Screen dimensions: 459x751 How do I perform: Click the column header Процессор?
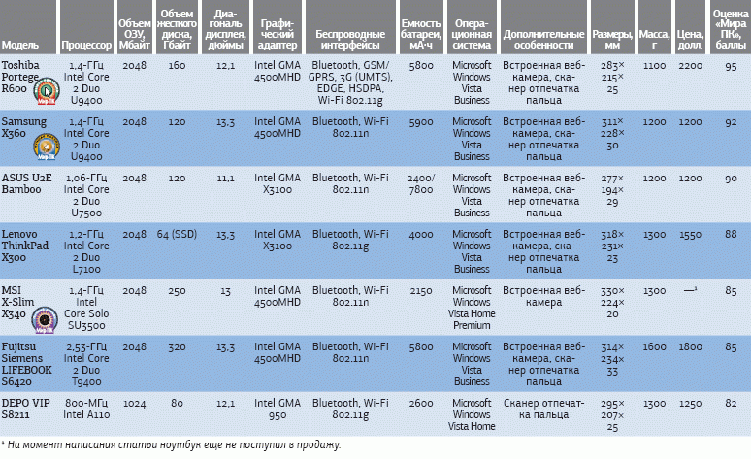click(85, 46)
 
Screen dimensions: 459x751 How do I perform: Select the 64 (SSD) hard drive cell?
click(177, 234)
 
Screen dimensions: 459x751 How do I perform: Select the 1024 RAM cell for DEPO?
click(135, 403)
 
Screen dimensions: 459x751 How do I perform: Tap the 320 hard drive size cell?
click(177, 346)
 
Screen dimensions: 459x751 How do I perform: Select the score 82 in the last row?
click(731, 403)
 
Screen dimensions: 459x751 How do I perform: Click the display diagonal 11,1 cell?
click(226, 178)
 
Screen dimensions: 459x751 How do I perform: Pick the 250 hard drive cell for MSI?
click(177, 290)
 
